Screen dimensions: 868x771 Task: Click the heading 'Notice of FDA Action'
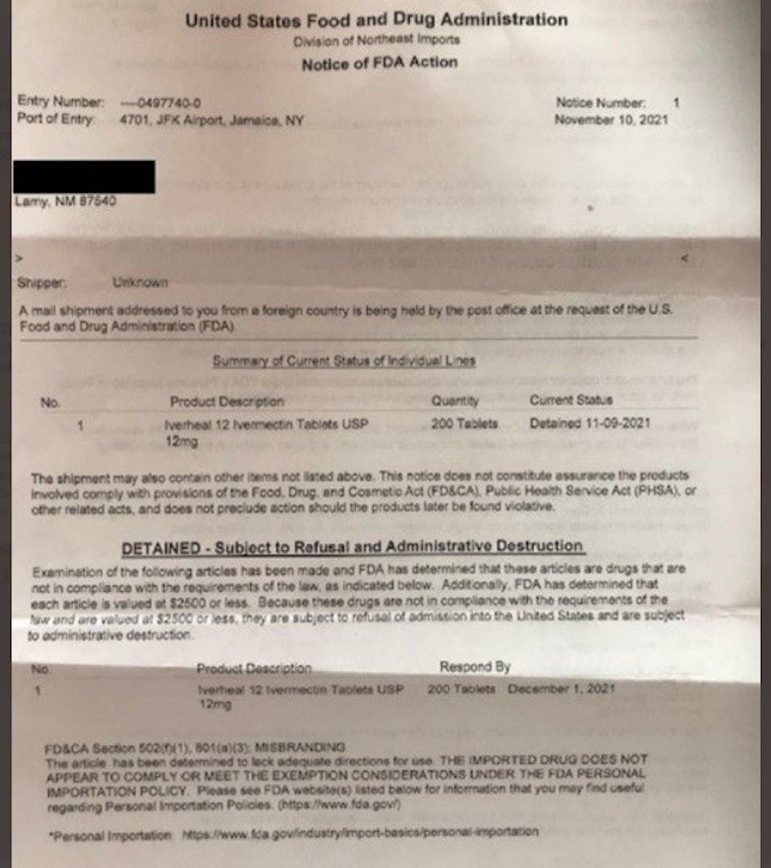379,63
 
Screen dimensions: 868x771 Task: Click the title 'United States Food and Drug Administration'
376,20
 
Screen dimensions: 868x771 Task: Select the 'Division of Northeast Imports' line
376,41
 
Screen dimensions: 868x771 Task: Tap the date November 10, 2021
611,120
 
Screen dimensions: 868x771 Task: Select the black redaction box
84,176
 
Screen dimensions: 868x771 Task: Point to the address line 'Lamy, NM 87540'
66,202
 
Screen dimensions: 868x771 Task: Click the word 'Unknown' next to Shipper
140,282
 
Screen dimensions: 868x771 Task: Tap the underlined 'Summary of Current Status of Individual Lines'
344,360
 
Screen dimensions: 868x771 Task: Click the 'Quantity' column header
455,401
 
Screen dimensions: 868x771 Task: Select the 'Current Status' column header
571,400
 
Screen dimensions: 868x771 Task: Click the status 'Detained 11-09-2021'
590,423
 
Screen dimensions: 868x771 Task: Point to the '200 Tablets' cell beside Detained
464,423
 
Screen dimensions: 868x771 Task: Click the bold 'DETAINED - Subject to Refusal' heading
352,547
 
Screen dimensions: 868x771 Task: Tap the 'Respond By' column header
474,667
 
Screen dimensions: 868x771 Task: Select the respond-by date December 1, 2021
561,689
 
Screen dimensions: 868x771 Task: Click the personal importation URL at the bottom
360,832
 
